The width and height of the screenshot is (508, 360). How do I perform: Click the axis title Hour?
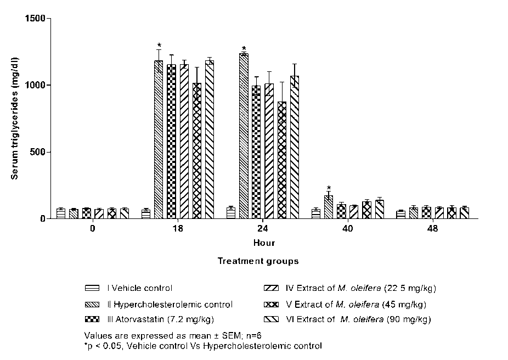[x=264, y=243]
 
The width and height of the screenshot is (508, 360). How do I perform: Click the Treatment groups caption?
[x=258, y=261]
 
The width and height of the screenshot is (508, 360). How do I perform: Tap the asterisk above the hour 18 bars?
[x=159, y=46]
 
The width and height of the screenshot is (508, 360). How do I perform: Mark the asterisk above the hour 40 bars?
[x=328, y=188]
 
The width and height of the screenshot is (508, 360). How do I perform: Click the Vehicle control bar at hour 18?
[x=146, y=213]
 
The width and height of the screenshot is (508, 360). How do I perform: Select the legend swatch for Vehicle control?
[x=92, y=288]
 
